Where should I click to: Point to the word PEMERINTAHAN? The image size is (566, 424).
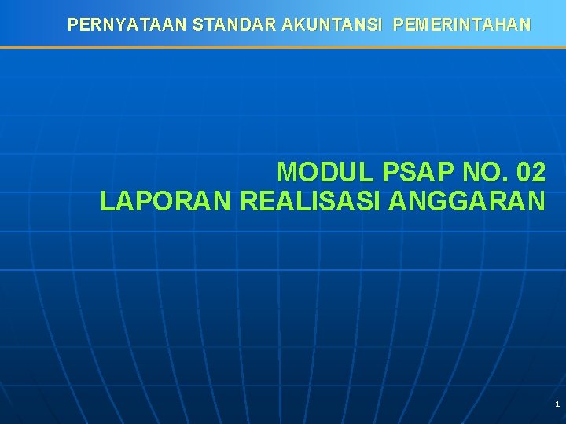pos(461,25)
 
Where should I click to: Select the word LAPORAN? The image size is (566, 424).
pos(166,201)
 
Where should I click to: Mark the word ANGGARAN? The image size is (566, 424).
pos(466,201)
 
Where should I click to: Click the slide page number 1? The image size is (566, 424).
pos(557,404)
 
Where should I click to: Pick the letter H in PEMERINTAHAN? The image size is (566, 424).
pos(502,25)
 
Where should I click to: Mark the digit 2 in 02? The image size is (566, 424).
pos(538,171)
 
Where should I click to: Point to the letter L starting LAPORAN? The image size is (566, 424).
pos(107,201)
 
